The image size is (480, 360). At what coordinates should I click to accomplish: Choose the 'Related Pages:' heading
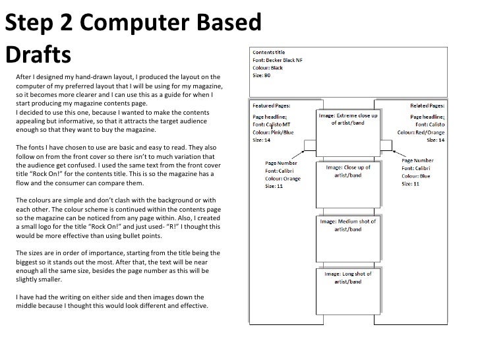pyautogui.click(x=427, y=105)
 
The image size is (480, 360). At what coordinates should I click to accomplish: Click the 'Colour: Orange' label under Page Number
pyautogui.click(x=284, y=177)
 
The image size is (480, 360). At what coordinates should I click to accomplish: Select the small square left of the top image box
pyautogui.click(x=310, y=146)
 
